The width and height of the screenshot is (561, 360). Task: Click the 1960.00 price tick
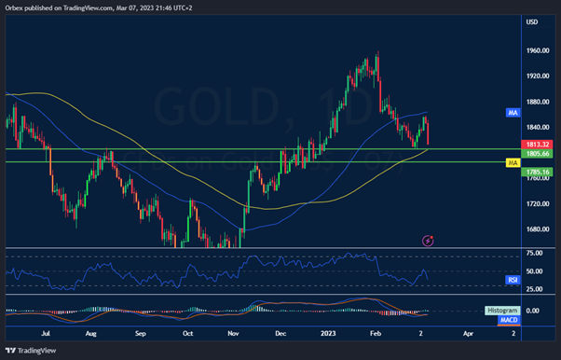click(535, 51)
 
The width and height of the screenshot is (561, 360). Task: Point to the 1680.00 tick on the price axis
click(535, 230)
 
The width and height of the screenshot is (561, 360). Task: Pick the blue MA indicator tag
click(513, 113)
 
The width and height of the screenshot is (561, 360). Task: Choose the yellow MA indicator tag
click(513, 163)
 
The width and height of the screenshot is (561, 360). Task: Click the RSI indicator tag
click(513, 278)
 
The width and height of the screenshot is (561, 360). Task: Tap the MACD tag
click(509, 320)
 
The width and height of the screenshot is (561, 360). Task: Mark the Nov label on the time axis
click(234, 332)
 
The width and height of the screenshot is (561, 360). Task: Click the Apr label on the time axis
click(468, 332)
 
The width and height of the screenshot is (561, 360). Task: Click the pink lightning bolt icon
click(428, 240)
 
